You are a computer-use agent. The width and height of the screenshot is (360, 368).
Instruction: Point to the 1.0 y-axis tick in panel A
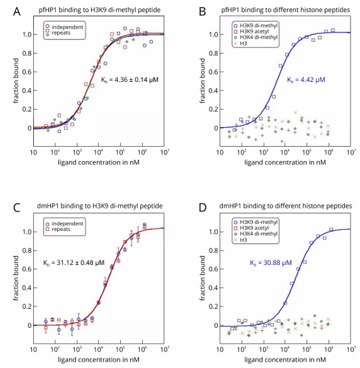[x=24, y=34]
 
